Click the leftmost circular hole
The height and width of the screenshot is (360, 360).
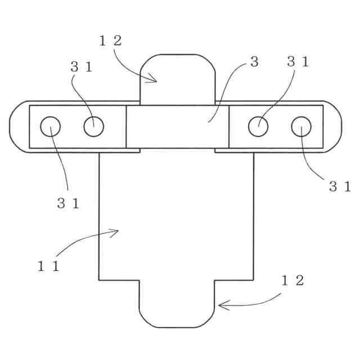click(x=51, y=127)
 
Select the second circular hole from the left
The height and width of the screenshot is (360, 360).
click(x=94, y=127)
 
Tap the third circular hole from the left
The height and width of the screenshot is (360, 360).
click(x=258, y=127)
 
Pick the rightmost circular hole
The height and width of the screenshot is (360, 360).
click(x=301, y=127)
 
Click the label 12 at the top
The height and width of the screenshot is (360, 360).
click(x=110, y=40)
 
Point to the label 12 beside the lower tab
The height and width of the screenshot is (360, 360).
click(x=292, y=281)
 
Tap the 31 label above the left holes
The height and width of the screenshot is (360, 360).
click(x=82, y=66)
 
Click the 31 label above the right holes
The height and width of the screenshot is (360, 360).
click(x=298, y=62)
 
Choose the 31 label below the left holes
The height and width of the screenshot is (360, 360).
click(x=68, y=204)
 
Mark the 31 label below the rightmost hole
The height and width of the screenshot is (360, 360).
click(x=340, y=187)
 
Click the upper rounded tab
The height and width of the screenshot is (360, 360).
click(x=178, y=79)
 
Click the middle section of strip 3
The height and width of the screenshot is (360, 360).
click(x=178, y=127)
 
